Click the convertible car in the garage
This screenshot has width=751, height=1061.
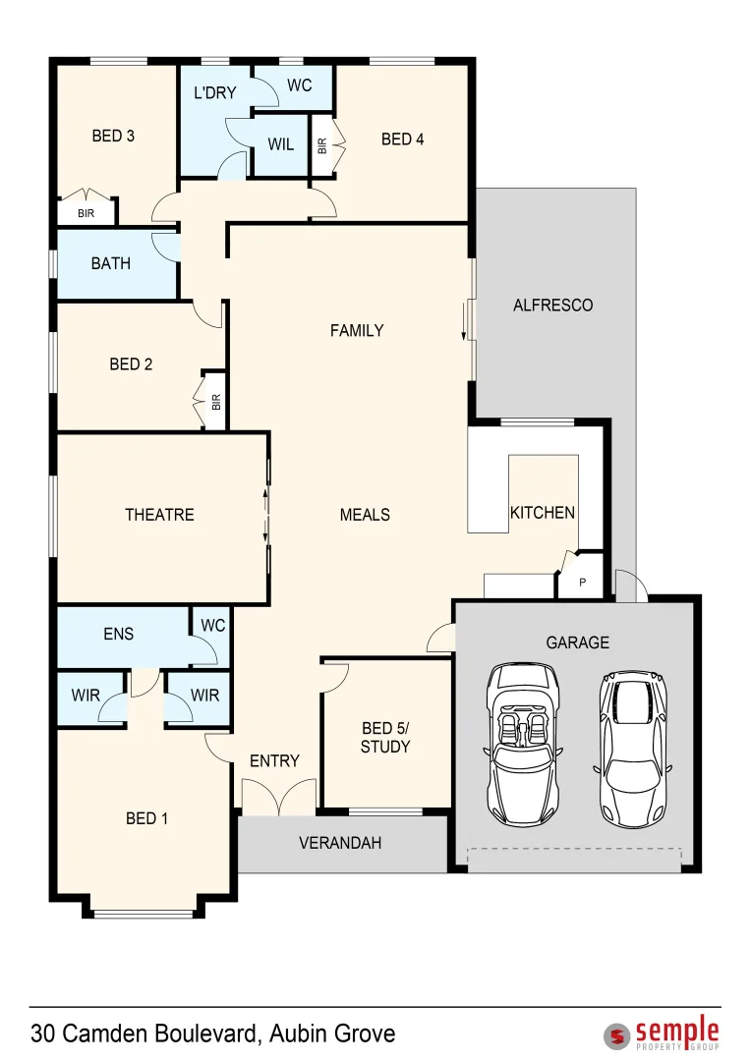pyautogui.click(x=523, y=744)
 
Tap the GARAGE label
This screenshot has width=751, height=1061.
pyautogui.click(x=577, y=642)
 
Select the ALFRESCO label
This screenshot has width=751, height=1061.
pyautogui.click(x=552, y=306)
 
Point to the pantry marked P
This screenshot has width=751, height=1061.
pyautogui.click(x=582, y=583)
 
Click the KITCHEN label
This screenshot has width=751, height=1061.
pyautogui.click(x=542, y=512)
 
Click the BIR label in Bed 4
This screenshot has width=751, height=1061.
pyautogui.click(x=321, y=145)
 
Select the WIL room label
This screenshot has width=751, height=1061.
pyautogui.click(x=280, y=144)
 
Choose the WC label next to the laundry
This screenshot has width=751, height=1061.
pyautogui.click(x=299, y=86)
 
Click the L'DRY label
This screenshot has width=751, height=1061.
pyautogui.click(x=214, y=93)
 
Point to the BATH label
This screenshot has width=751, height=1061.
pyautogui.click(x=110, y=263)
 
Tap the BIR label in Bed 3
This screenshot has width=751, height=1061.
pyautogui.click(x=86, y=213)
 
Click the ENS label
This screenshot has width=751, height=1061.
pyautogui.click(x=118, y=635)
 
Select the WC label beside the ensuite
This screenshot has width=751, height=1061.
pyautogui.click(x=212, y=625)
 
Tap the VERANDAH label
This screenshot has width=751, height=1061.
pyautogui.click(x=340, y=843)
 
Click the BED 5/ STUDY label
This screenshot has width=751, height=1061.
pyautogui.click(x=385, y=737)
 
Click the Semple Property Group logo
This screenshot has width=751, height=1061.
pyautogui.click(x=662, y=1034)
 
